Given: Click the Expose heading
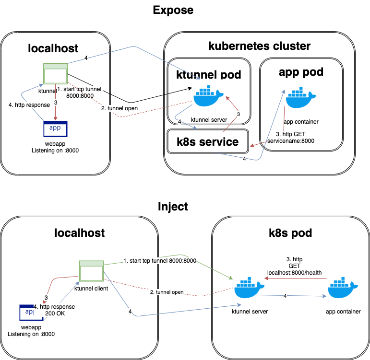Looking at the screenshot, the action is coord(173,11).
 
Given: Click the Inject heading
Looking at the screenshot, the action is coord(173,207).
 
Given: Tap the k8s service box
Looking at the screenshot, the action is coord(208,141).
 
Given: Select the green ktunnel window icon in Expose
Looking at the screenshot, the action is coord(56,73).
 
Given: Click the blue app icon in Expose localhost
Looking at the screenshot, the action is coord(56,129).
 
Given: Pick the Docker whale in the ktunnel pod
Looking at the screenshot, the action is coord(208,96).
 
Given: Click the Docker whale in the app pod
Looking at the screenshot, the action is coord(300,97).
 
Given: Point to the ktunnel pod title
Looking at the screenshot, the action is coord(209,74).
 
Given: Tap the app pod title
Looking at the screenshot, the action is coord(301,72).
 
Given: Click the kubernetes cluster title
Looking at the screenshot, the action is coord(259,46).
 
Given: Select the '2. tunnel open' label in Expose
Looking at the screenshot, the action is coord(119,108).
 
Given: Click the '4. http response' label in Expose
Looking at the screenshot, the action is coord(29,105).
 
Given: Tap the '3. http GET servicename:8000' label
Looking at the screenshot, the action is coord(291,138).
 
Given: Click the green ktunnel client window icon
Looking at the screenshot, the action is coord(91,271).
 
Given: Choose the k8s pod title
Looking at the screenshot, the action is coord(290,233).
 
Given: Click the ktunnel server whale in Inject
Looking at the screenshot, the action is coord(249,288).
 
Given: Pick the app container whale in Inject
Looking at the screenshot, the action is coord(343,288).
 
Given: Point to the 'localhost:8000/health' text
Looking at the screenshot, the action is coord(294,273).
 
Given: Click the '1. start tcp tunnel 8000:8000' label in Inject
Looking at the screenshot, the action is coord(160,261).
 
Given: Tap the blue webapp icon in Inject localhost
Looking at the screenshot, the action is coord(31,313).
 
